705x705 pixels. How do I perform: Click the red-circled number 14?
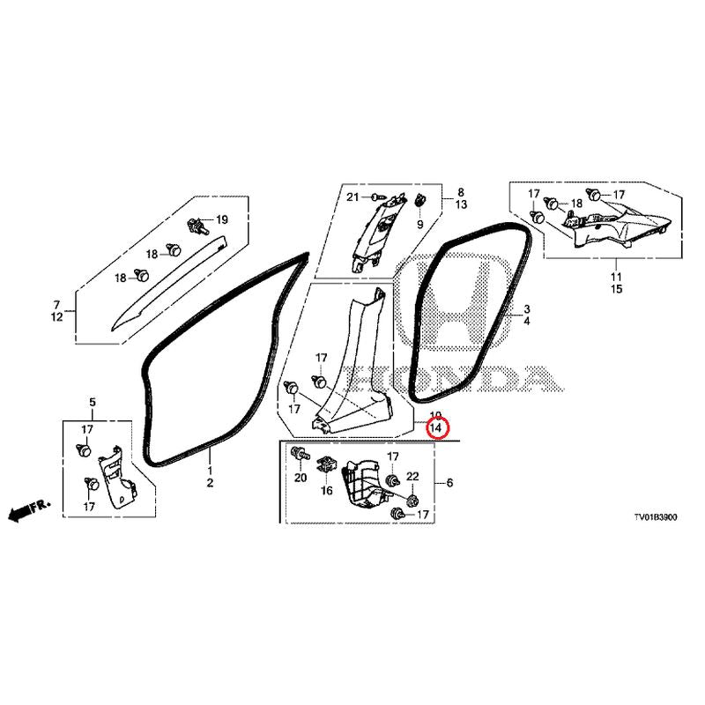coord(435,427)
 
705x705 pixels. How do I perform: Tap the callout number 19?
coord(222,219)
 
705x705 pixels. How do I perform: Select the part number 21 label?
coord(353,197)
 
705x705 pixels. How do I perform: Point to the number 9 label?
coord(420,225)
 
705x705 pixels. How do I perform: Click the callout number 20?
coord(301,478)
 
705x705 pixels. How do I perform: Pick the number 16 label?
coord(327,491)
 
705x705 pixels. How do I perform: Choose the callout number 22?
coord(412,477)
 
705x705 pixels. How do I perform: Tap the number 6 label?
coord(449,483)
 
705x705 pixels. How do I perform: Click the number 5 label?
coord(93,402)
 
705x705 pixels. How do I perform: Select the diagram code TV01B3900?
coord(655,517)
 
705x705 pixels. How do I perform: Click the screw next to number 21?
coord(377,197)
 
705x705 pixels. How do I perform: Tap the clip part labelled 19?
coord(199,225)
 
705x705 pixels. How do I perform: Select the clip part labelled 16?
coord(327,465)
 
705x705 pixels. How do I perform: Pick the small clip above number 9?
coord(420,199)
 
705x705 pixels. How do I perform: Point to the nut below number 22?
coord(412,500)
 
